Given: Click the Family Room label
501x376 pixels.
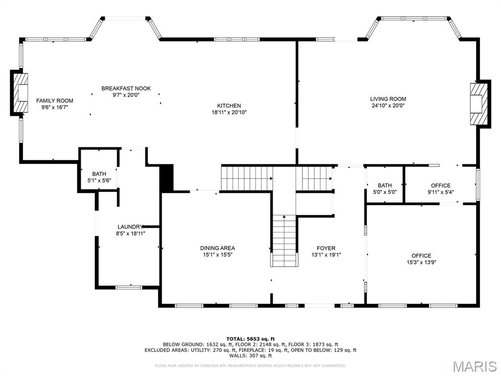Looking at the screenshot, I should coord(55,100).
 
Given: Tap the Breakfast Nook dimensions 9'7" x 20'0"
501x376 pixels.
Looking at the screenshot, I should coord(126,95).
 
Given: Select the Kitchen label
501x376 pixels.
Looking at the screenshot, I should coord(229,106).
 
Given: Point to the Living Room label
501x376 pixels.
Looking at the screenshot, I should coord(387,99).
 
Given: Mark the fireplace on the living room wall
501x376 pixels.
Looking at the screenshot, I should coord(479,104).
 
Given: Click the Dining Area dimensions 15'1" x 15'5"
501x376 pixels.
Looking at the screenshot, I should coord(217,255).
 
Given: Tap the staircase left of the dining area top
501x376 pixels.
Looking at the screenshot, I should coord(247,178).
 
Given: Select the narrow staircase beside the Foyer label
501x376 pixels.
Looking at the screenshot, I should coord(284,240).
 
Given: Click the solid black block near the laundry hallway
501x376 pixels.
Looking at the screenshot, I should coord(167,178).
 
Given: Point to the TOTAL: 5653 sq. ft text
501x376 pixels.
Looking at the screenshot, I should coord(250,338).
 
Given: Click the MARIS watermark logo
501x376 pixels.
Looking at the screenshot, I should coord(475,366).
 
